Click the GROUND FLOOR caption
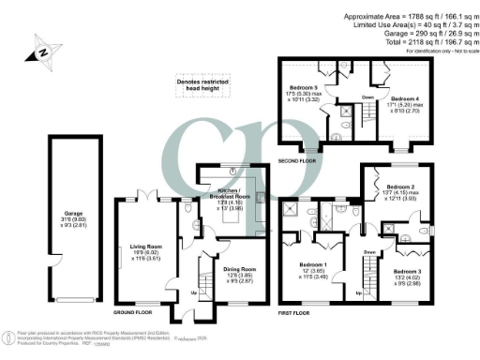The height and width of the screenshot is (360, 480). pos(133,311)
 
